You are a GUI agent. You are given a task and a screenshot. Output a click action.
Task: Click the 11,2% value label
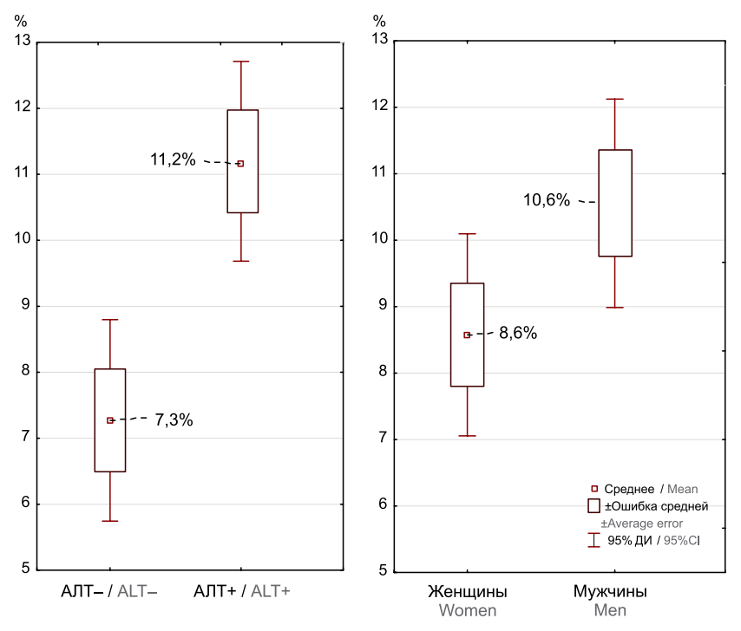tap(173, 159)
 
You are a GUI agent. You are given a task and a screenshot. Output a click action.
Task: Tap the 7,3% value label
tap(174, 420)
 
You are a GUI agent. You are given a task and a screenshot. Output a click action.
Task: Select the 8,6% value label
tap(518, 333)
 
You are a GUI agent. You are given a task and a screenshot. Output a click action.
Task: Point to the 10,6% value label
tap(546, 200)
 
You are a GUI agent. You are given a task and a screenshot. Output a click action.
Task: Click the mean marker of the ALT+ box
tap(240, 163)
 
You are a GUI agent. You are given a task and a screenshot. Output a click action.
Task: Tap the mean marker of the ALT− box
tap(110, 420)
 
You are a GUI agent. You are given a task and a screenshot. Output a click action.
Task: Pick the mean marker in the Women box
tap(467, 335)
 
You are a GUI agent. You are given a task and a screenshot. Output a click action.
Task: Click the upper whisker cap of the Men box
tap(614, 99)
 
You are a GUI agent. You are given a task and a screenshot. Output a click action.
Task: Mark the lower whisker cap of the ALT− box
tap(110, 521)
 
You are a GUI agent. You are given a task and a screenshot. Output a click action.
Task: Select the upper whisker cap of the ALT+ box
tap(240, 62)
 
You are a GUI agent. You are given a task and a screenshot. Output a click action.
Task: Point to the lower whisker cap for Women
tap(467, 436)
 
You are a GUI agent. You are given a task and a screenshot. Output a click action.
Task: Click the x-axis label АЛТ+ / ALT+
tap(242, 591)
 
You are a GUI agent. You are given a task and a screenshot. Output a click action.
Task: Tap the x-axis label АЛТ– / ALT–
tap(109, 591)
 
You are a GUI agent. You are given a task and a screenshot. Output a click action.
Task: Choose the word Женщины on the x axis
tap(467, 592)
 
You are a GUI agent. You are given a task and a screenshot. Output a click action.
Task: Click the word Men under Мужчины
tap(610, 610)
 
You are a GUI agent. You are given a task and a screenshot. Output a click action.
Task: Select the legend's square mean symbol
tap(593, 489)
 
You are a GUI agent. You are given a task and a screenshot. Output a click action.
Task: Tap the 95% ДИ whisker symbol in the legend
tap(593, 540)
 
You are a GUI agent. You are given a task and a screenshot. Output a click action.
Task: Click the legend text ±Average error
tap(641, 524)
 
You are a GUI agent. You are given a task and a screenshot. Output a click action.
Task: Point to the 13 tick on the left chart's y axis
tap(23, 41)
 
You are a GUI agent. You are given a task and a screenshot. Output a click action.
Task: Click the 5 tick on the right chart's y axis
tap(380, 572)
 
